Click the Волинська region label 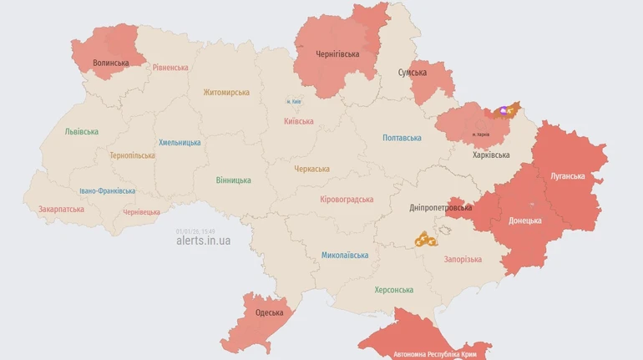[x=111, y=63]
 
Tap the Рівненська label [x=170, y=68]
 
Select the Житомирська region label [x=226, y=92]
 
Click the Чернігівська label [x=337, y=54]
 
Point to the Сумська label [x=412, y=73]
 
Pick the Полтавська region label [x=402, y=137]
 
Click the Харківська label [x=491, y=155]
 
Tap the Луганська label [x=568, y=176]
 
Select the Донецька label [x=525, y=221]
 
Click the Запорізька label [x=462, y=259]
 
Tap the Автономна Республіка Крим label [x=435, y=354]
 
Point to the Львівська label [x=81, y=131]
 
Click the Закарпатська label [x=61, y=209]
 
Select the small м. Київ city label [x=294, y=102]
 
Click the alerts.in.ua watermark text [x=204, y=241]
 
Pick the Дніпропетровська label [x=441, y=207]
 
